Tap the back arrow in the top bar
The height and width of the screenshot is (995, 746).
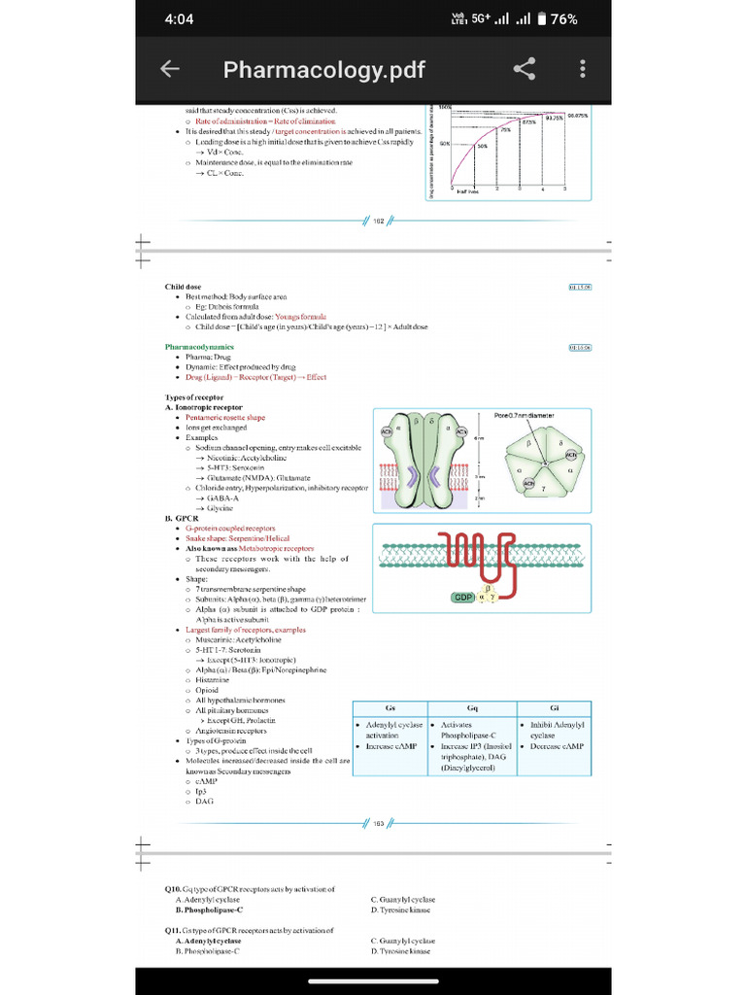[170, 69]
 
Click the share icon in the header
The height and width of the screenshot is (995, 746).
[524, 69]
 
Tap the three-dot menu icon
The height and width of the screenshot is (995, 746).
[582, 69]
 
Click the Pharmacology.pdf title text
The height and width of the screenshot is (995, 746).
[323, 70]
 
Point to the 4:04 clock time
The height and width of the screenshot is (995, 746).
[180, 19]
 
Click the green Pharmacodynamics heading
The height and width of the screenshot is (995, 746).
[199, 347]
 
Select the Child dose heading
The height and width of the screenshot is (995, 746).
[184, 287]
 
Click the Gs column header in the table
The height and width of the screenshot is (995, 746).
[390, 707]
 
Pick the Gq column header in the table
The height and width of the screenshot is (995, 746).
[472, 707]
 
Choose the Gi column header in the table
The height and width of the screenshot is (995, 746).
[554, 707]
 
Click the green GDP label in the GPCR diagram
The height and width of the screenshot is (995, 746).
[463, 597]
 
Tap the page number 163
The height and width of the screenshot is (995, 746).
[379, 823]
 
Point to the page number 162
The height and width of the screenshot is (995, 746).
[379, 221]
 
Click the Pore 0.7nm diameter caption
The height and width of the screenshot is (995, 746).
[531, 415]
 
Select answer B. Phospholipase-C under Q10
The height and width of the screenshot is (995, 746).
[209, 910]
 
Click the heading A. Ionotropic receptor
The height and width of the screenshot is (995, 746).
[204, 407]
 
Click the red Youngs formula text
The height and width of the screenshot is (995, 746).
[300, 317]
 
